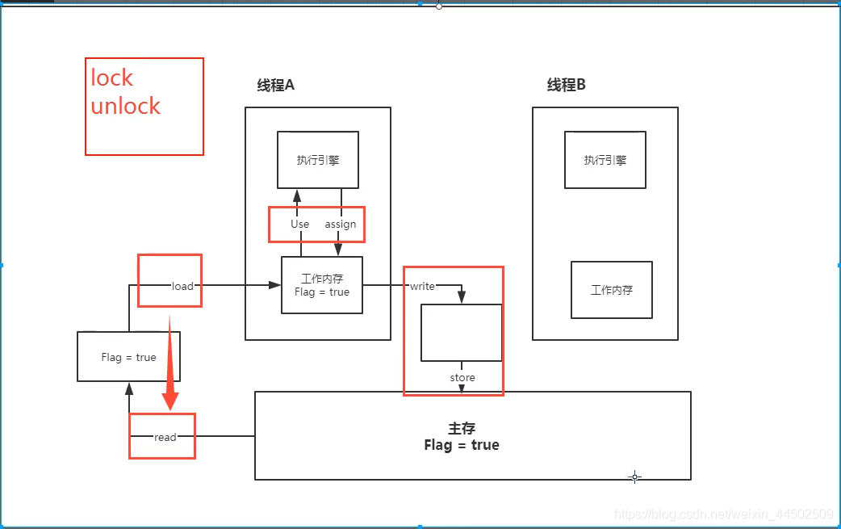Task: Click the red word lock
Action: point(111,78)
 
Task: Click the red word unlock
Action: point(125,106)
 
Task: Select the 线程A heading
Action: point(275,86)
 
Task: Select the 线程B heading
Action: point(566,86)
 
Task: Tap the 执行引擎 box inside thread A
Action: point(318,160)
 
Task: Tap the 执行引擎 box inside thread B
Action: point(605,160)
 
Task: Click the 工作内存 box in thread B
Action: point(612,289)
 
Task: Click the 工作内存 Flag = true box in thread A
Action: point(322,285)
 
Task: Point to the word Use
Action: point(299,224)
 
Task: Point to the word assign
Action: point(341,224)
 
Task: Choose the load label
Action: point(182,286)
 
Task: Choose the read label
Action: point(165,437)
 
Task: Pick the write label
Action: point(422,286)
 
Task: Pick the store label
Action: point(462,377)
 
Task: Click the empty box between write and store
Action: point(462,333)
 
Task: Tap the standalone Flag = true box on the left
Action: point(129,357)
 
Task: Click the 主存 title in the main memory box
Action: point(462,430)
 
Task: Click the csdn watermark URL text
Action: point(724,514)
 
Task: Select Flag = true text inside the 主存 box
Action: point(462,445)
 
